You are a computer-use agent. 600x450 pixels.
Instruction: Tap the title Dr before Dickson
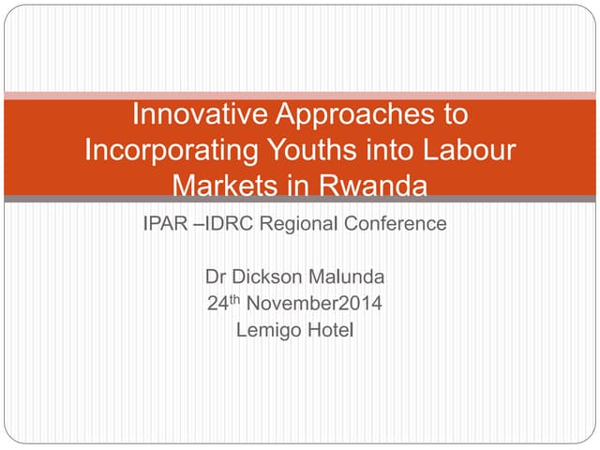215,277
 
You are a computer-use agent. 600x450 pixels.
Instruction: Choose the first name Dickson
264,277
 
